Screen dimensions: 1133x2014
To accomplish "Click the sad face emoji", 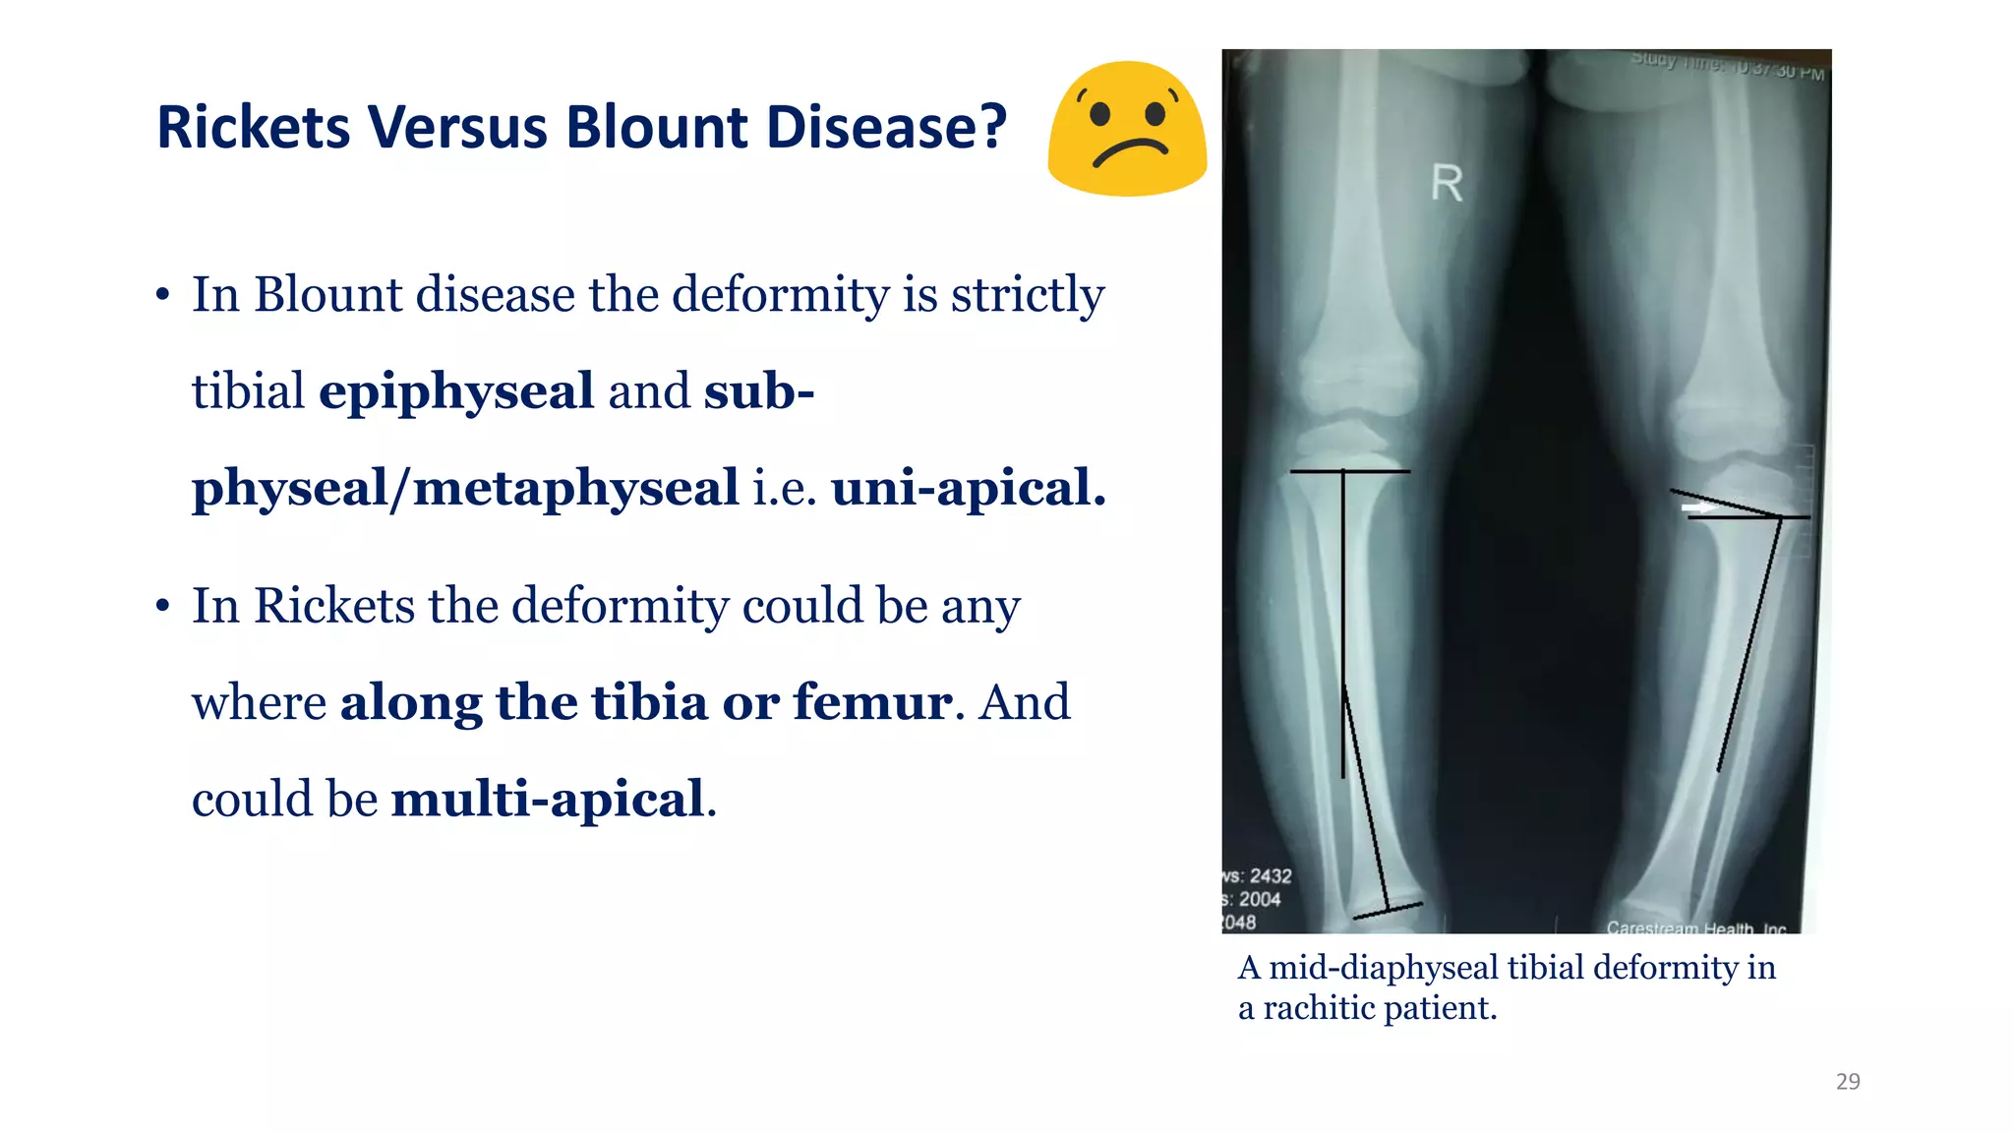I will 1127,129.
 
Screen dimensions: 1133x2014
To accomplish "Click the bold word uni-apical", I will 969,488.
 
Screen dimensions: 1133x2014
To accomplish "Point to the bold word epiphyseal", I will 456,391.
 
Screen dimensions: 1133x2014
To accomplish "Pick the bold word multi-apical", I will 549,799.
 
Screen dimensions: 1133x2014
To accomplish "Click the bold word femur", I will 872,702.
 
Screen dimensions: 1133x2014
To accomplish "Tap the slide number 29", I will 1848,1082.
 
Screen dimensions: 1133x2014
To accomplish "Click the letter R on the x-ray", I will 1447,184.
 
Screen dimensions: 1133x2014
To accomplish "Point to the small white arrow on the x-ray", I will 1696,507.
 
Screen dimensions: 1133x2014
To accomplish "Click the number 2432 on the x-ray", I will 1270,875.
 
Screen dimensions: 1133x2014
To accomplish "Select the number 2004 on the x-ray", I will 1260,899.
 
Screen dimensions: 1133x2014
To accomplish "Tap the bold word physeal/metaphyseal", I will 465,488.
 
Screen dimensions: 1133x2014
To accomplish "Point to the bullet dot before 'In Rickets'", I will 162,606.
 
